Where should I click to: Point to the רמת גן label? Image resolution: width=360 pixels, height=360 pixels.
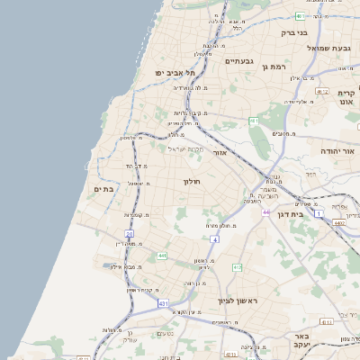[274, 67]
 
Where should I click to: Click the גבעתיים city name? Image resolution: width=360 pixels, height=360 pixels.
[237, 61]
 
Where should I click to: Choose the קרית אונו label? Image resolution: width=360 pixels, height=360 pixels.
[346, 97]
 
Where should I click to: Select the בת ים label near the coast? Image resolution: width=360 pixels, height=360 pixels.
[103, 189]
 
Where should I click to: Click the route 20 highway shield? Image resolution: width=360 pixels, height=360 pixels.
[130, 233]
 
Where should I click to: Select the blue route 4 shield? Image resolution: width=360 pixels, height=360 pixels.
[215, 239]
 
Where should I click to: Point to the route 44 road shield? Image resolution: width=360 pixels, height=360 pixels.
[266, 211]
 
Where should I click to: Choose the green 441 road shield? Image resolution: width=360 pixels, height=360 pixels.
[161, 256]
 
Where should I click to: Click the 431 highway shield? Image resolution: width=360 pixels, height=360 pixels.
[163, 304]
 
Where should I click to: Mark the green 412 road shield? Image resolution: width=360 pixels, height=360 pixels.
[238, 267]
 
